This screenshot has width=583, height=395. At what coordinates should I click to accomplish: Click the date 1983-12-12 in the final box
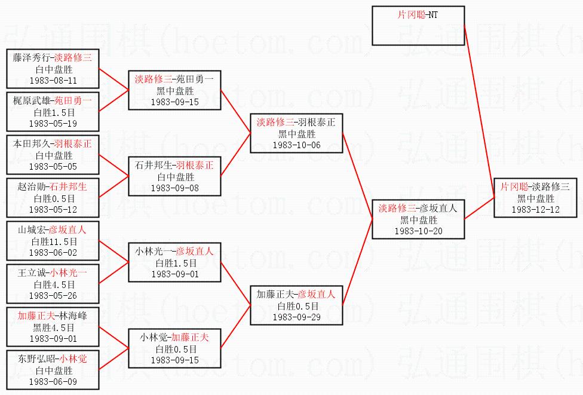535,209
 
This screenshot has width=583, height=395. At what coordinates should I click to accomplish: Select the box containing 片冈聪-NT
418,26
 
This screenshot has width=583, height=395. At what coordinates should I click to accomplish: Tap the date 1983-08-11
53,80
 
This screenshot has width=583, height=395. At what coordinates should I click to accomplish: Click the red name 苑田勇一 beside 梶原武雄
73,100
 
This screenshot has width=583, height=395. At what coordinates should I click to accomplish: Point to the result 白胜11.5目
54,241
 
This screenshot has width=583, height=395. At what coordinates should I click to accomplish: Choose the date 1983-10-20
419,231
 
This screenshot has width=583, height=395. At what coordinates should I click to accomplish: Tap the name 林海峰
73,316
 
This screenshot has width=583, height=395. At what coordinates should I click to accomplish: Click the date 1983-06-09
53,382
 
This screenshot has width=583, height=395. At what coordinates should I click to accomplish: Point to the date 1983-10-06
297,145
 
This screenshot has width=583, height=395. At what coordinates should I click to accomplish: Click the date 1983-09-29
297,317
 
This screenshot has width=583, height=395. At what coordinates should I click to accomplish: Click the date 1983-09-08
175,188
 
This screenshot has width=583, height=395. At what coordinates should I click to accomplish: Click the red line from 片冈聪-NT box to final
479,112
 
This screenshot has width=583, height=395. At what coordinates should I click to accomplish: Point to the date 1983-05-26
53,296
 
